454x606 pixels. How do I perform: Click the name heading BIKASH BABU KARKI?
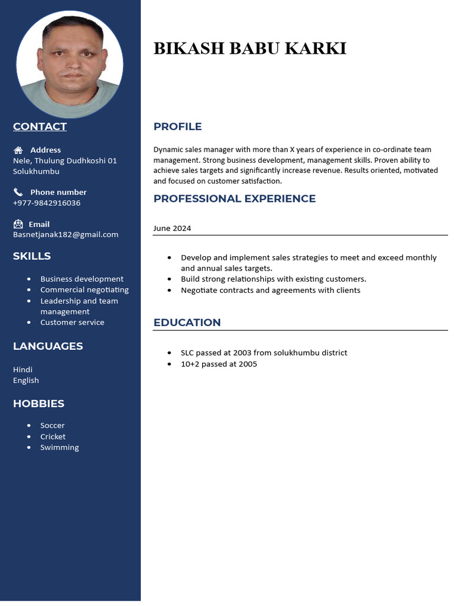[x=249, y=49]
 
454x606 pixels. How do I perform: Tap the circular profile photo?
[x=70, y=64]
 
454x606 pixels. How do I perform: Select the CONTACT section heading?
[x=40, y=126]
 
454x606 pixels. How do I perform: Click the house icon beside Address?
[x=18, y=150]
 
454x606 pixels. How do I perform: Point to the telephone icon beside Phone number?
[x=18, y=192]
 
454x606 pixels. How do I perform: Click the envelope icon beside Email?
[x=18, y=224]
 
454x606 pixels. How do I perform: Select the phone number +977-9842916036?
[x=47, y=203]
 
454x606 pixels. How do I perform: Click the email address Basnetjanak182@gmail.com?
[x=66, y=234]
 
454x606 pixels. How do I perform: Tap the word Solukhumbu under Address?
[x=36, y=172]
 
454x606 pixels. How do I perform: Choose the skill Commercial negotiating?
[x=84, y=290]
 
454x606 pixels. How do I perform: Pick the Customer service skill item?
[x=72, y=323]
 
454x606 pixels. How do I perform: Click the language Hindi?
[x=22, y=369]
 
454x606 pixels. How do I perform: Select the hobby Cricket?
[x=53, y=437]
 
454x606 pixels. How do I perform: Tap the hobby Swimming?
[x=59, y=447]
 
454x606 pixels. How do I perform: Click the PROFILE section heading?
[x=177, y=127]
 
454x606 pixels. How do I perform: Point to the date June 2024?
[x=172, y=228]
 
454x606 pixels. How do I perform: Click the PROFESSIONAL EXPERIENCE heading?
[x=234, y=199]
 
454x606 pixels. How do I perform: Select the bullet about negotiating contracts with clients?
[x=270, y=291]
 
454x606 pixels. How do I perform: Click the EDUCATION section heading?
[x=187, y=323]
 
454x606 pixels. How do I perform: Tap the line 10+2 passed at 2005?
[x=219, y=364]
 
